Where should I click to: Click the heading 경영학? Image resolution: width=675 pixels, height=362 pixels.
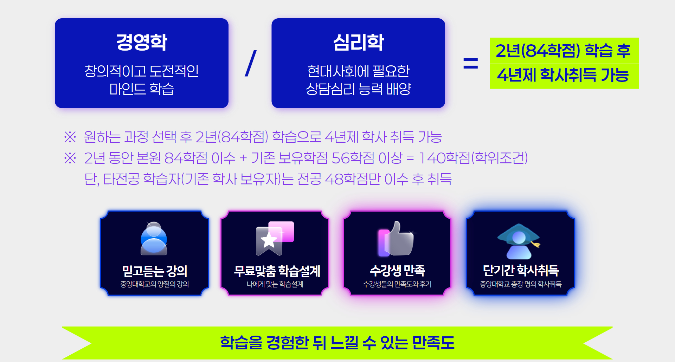(x=142, y=42)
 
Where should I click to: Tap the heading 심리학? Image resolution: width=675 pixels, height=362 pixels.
(x=358, y=42)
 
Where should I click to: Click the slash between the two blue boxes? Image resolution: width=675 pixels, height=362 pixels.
(x=251, y=63)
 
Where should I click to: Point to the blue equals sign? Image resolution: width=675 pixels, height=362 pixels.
(x=470, y=63)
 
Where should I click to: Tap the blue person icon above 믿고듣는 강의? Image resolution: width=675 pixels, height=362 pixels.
(x=154, y=238)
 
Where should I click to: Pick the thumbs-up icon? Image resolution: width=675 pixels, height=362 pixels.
(x=396, y=238)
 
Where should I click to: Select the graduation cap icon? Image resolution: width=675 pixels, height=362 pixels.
(x=519, y=241)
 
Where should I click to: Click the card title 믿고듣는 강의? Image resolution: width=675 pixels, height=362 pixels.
(x=154, y=271)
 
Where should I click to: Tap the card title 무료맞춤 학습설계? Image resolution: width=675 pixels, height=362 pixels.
(x=277, y=271)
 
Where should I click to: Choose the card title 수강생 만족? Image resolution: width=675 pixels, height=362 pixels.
(x=397, y=270)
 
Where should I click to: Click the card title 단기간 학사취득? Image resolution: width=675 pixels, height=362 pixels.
(x=521, y=270)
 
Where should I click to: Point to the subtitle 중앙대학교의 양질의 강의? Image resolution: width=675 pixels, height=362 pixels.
(x=155, y=284)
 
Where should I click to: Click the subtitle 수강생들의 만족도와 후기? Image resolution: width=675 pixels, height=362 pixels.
(x=397, y=284)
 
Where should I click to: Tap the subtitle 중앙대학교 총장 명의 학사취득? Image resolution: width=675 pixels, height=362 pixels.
(x=521, y=284)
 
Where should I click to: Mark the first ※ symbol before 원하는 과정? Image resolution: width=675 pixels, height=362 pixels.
(x=70, y=137)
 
